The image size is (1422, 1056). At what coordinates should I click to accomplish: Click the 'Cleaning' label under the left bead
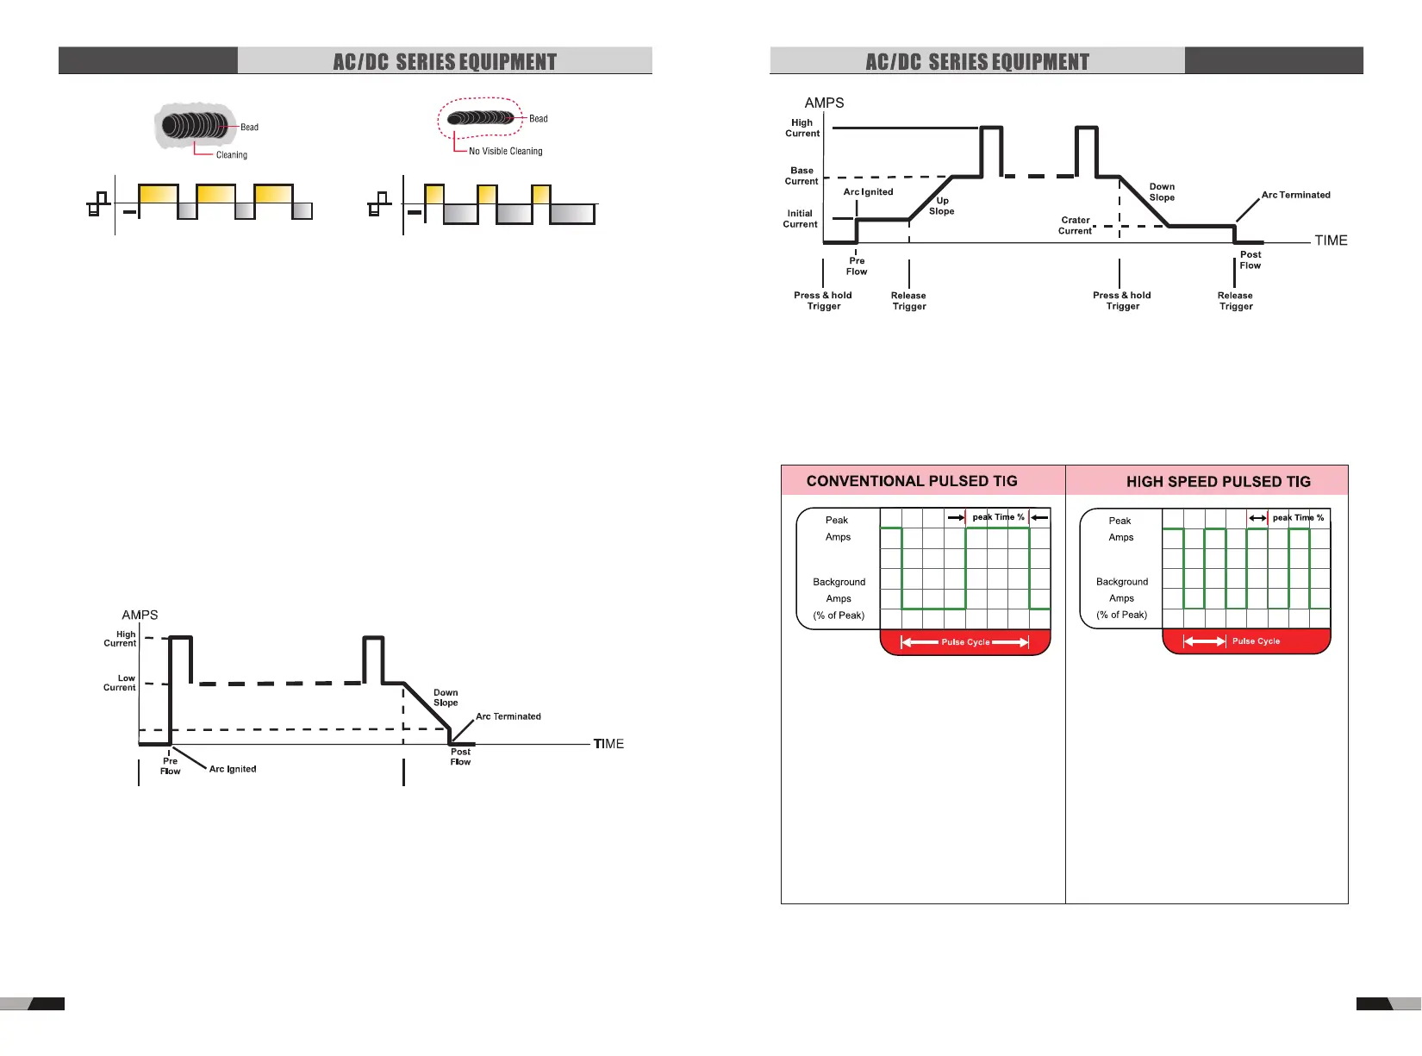click(x=231, y=155)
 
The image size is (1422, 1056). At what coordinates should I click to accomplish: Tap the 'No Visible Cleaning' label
click(x=505, y=152)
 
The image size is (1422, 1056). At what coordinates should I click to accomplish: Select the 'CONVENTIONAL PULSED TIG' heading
click(x=912, y=481)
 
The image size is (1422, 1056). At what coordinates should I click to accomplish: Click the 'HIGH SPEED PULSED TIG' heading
click(x=1218, y=482)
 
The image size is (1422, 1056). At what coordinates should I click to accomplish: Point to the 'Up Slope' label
click(x=941, y=206)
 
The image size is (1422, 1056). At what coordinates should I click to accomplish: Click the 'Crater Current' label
click(x=1075, y=226)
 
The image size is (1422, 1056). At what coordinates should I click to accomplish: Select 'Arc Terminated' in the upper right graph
click(x=1295, y=195)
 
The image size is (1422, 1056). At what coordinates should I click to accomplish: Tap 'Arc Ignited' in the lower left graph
click(x=233, y=769)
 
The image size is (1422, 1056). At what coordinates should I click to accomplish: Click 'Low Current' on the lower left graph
click(x=120, y=683)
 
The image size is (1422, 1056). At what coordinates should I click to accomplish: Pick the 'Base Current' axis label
click(x=801, y=176)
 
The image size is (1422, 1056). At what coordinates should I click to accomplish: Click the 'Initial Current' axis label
click(x=800, y=219)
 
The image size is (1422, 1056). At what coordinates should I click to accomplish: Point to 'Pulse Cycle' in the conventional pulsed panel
click(x=965, y=642)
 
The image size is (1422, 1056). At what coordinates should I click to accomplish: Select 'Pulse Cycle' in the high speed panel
click(x=1256, y=641)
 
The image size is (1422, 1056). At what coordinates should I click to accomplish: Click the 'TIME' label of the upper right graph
click(x=1331, y=241)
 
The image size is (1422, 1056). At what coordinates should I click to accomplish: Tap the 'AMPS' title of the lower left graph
click(x=140, y=615)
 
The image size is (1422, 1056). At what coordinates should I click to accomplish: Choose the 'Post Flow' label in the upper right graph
click(x=1250, y=260)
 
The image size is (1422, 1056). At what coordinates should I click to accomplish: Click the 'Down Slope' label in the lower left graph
click(x=446, y=697)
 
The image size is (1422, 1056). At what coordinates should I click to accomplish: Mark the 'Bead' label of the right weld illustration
click(x=538, y=119)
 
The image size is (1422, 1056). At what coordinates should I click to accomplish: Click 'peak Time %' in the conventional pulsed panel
click(x=998, y=517)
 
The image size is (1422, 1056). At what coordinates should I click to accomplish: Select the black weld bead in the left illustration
click(x=197, y=126)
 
